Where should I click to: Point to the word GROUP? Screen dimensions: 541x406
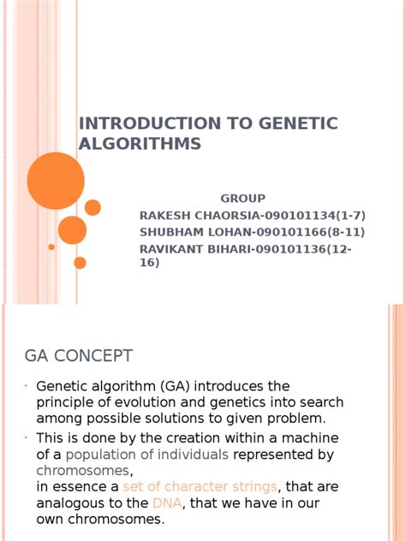242,198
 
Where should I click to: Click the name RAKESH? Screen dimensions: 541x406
163,214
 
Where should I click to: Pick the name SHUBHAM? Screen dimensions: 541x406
169,231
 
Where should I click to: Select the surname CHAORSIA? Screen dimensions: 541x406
227,214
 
